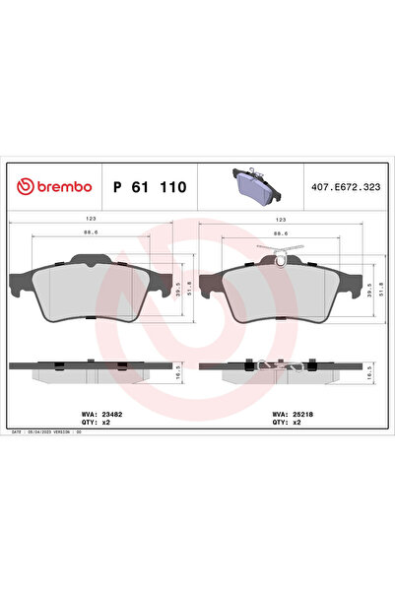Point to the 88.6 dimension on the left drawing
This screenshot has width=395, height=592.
pos(91,234)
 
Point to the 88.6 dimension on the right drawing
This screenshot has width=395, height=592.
pos(280,234)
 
